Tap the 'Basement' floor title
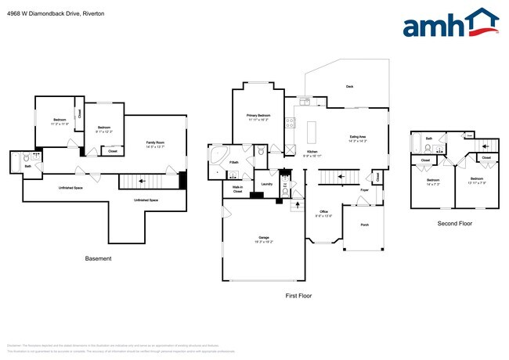coord(98,258)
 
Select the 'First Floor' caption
coord(298,296)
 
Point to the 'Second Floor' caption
coord(454,223)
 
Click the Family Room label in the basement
coord(154,144)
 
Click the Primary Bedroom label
coord(258,117)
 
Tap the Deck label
coord(349,87)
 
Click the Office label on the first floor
coord(323,213)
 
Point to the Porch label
coord(364,225)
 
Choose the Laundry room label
coord(265,184)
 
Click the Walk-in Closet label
coord(237,189)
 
